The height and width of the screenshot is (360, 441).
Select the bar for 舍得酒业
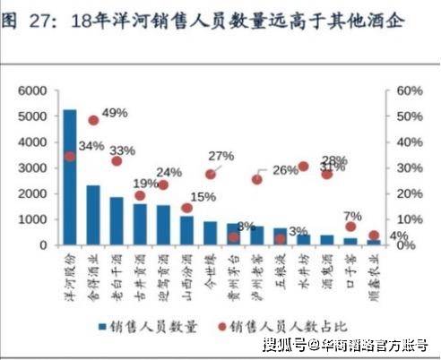pyautogui.click(x=92, y=214)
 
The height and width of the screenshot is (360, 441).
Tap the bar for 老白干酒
pyautogui.click(x=117, y=220)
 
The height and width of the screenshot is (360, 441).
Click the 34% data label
pyautogui.click(x=91, y=146)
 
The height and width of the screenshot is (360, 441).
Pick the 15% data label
pyautogui.click(x=203, y=197)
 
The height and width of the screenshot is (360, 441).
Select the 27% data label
pyautogui.click(x=220, y=156)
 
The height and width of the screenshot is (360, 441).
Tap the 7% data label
pyautogui.click(x=352, y=216)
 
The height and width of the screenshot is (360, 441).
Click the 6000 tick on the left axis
pyautogui.click(x=31, y=91)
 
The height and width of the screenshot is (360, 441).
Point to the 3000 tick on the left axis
pyautogui.click(x=31, y=168)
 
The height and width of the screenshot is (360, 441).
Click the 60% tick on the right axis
pyautogui.click(x=409, y=91)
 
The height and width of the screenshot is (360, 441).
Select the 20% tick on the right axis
pyautogui.click(x=409, y=193)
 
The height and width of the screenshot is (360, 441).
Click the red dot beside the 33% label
pyautogui.click(x=117, y=161)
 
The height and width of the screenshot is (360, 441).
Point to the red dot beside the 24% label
pyautogui.click(x=163, y=184)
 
